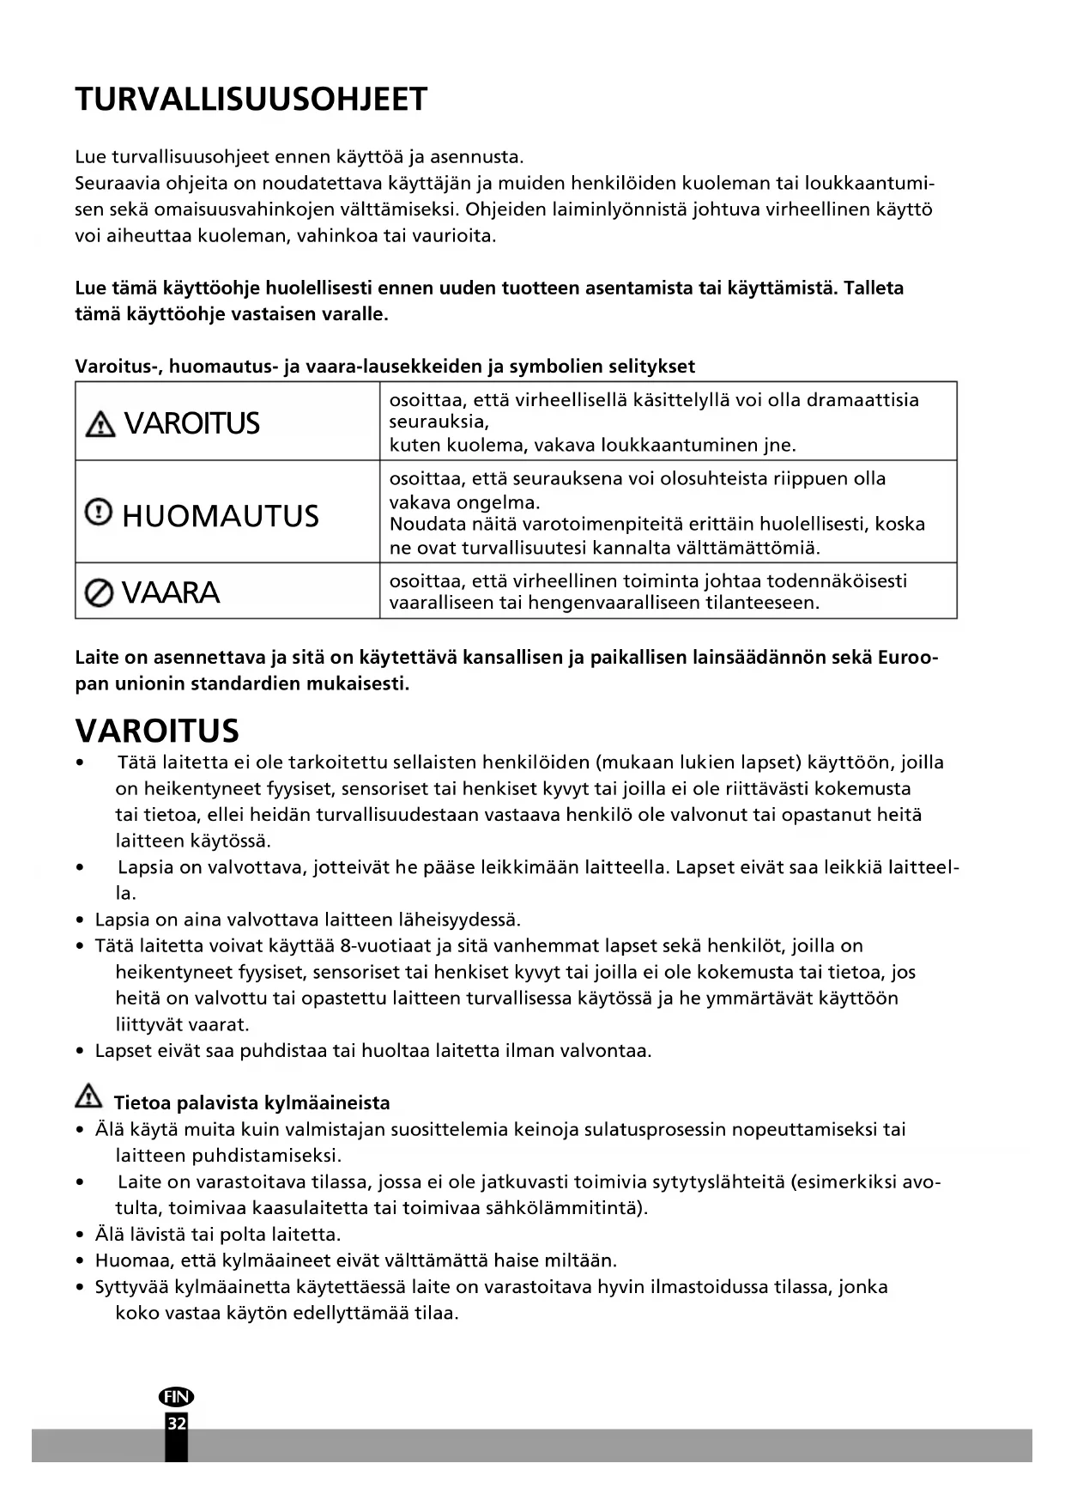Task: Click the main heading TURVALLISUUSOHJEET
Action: [x=251, y=100]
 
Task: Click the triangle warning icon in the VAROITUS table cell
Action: [x=100, y=423]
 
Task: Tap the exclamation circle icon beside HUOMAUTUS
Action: [x=99, y=513]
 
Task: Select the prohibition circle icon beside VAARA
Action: [x=99, y=592]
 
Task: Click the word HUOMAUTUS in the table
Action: [x=221, y=516]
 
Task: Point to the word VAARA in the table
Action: [x=171, y=592]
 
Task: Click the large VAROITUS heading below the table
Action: [x=157, y=731]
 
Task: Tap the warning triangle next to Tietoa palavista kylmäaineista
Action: [x=88, y=1096]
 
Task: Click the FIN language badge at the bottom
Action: [x=176, y=1397]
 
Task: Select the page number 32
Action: [x=176, y=1424]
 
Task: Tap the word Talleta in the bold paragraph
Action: [x=874, y=288]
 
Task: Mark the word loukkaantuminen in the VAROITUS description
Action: [x=680, y=446]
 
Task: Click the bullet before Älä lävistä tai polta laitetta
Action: [x=80, y=1236]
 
